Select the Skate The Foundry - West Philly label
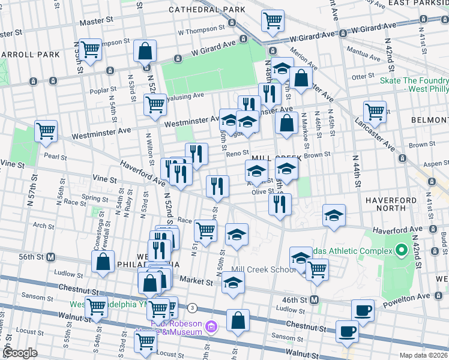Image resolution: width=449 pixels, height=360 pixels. point(414,85)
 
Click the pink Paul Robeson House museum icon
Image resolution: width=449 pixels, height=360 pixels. point(211,327)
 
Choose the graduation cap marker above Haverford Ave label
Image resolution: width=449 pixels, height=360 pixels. point(334,216)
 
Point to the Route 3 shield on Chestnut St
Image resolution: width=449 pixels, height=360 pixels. point(191,308)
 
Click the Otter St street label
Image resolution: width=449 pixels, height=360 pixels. point(363,77)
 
